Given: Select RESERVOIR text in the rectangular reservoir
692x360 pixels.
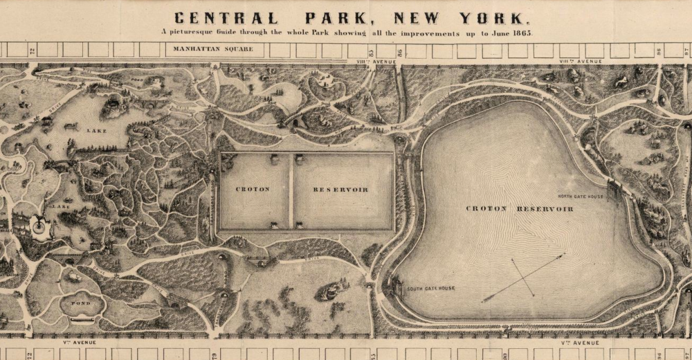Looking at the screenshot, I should [x=340, y=189].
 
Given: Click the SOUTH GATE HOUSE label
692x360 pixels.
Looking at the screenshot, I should [x=430, y=288].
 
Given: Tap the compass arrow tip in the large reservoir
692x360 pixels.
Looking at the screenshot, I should [x=562, y=255].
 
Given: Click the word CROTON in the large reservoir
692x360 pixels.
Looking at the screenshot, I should [x=487, y=208].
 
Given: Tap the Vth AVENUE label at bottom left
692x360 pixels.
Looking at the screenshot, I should [x=81, y=342].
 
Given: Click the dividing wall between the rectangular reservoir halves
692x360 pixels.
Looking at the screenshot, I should [x=292, y=191].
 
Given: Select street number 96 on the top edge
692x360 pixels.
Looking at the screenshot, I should [x=659, y=51].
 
